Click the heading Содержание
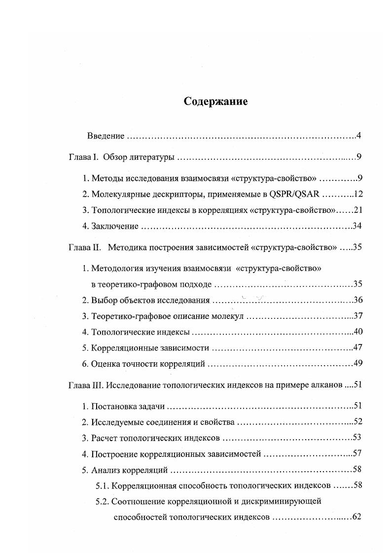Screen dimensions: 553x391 [215, 102]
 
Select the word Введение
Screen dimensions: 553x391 [106, 136]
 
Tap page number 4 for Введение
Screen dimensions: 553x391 [360, 136]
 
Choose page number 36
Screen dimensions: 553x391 [358, 300]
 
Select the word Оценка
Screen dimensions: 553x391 [105, 364]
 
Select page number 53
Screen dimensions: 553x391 [357, 438]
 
